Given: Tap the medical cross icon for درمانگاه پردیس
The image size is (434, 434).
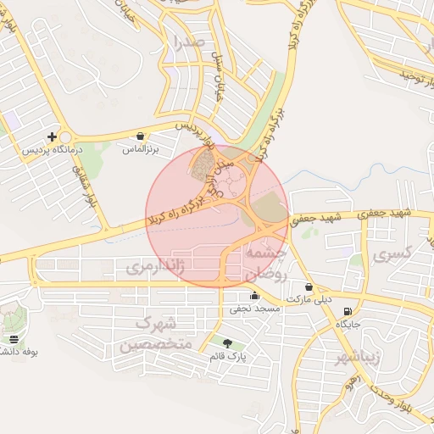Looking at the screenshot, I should (x=53, y=136).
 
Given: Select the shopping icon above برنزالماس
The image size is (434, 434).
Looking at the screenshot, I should (x=140, y=136).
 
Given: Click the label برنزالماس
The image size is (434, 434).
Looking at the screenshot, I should (x=141, y=149).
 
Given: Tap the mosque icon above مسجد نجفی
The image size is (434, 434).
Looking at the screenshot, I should (x=254, y=296).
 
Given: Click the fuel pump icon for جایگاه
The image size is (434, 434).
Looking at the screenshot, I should (x=348, y=311).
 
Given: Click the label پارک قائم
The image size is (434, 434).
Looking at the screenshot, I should (x=228, y=357).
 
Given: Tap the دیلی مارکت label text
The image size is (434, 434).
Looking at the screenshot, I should (x=310, y=300).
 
